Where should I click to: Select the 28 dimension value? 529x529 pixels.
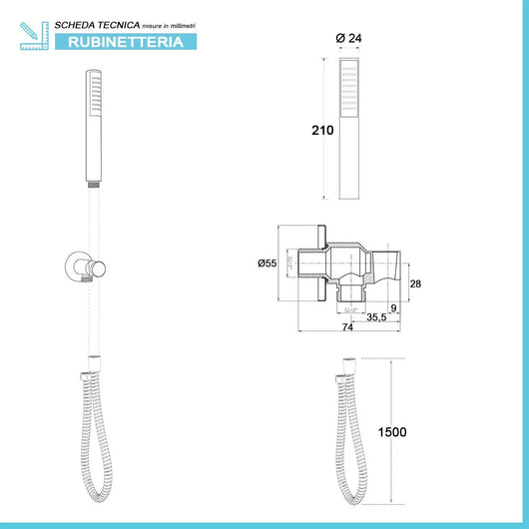416,284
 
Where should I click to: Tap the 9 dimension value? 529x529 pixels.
394,307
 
